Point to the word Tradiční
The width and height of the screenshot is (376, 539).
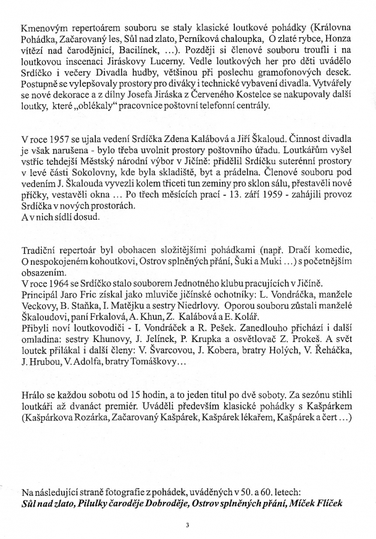pyautogui.click(x=40, y=250)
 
